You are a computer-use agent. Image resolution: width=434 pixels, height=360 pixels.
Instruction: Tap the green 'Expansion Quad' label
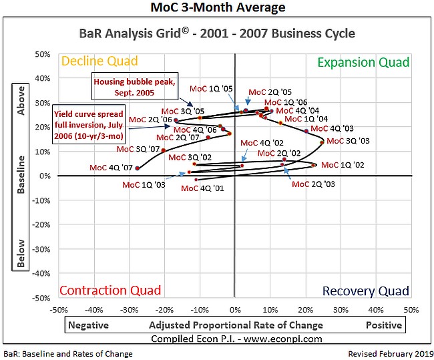(363, 62)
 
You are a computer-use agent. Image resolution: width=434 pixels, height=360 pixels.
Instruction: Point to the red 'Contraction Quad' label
(110, 290)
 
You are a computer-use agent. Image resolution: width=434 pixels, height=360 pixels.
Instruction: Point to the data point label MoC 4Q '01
(202, 188)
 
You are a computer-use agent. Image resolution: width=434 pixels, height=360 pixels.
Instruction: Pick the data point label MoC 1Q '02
(343, 165)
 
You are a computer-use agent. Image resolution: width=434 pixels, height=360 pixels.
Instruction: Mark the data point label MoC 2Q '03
(314, 183)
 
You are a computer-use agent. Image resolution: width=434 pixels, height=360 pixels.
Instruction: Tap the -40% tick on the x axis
(93, 310)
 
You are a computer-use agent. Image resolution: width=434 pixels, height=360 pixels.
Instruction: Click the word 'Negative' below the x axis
(89, 325)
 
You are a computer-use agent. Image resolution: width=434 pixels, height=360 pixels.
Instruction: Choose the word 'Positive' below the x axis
(383, 325)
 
